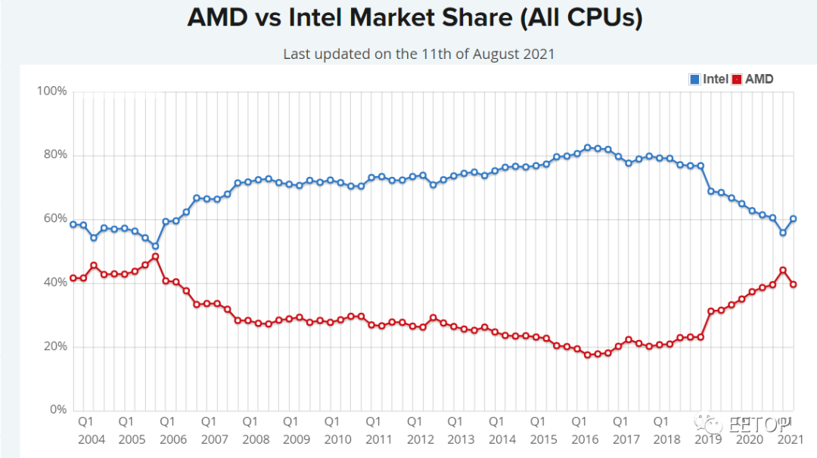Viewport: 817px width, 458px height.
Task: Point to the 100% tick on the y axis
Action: point(51,91)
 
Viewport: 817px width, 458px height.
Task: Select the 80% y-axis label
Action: point(54,155)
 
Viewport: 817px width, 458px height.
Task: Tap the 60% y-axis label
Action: point(54,218)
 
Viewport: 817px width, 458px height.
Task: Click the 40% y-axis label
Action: point(54,283)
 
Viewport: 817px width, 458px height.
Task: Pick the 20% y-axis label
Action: point(54,347)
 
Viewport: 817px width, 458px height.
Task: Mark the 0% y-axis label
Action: point(57,410)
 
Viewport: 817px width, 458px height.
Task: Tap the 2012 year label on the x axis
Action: point(420,439)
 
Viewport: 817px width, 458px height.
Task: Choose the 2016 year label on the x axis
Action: point(585,439)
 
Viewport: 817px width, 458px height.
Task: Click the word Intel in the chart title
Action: point(328,18)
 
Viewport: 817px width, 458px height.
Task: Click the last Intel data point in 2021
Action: point(794,218)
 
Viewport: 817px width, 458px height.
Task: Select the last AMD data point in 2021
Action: point(794,284)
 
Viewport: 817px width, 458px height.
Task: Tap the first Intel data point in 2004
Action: point(73,224)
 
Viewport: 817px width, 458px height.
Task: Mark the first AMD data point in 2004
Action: point(73,278)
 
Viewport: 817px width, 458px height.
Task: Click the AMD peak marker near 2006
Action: point(155,257)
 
